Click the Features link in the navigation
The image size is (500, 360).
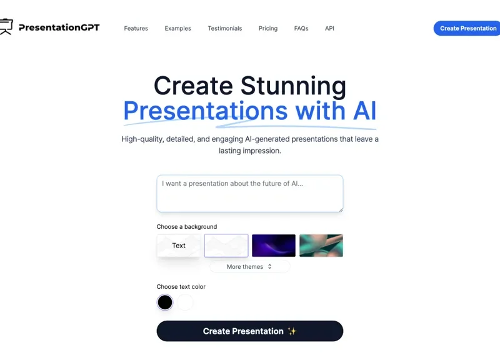tap(136, 28)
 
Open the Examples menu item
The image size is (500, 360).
tap(177, 28)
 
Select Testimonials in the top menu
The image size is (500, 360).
tap(224, 28)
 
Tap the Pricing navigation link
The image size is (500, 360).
tap(267, 28)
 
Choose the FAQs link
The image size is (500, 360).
tap(301, 28)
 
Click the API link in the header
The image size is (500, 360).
tap(329, 28)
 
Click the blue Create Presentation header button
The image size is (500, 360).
tap(467, 28)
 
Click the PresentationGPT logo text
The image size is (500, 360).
tap(59, 27)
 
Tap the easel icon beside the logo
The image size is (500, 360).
tap(6, 27)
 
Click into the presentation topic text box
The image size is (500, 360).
tap(249, 193)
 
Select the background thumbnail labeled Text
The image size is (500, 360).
tap(179, 246)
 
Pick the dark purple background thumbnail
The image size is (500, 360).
tap(273, 246)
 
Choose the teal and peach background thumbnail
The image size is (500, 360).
tap(321, 246)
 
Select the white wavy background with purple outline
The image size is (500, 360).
tap(226, 246)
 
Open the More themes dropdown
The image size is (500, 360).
tap(249, 267)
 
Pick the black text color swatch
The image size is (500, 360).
tap(165, 302)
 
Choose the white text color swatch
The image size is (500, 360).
tap(186, 302)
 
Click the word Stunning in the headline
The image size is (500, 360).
tap(293, 86)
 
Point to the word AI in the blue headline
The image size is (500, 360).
tap(364, 111)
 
